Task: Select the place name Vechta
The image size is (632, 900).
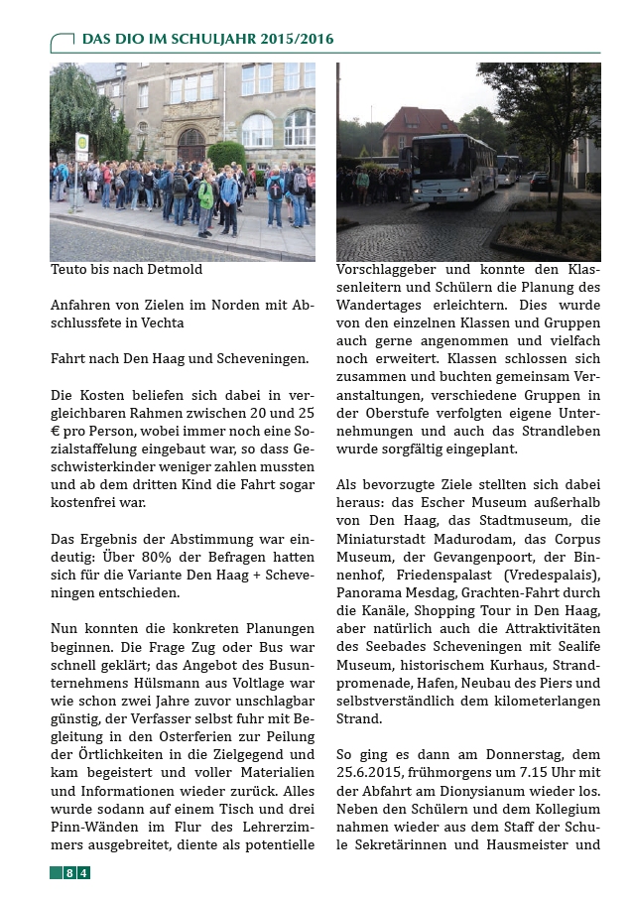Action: (x=164, y=322)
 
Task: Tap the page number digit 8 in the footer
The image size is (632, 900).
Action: (x=69, y=872)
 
